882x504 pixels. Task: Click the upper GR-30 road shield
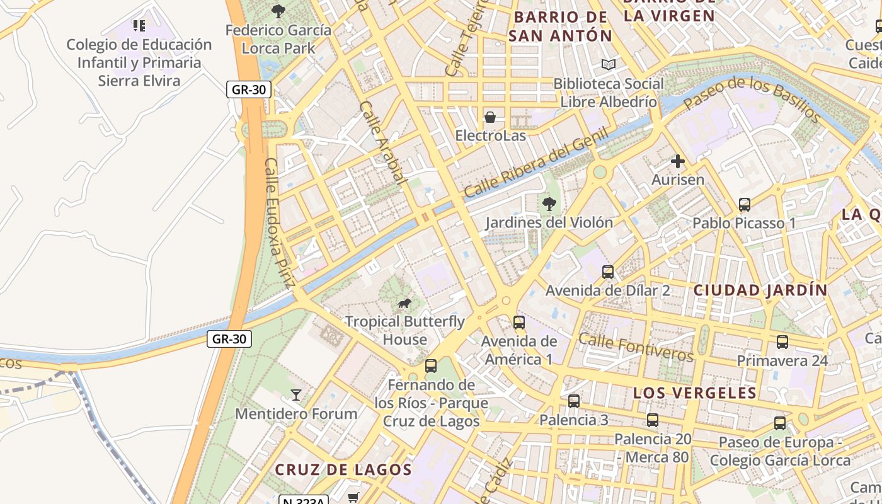tap(249, 89)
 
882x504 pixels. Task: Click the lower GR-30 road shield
tap(229, 339)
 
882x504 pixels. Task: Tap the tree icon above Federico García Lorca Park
tap(278, 11)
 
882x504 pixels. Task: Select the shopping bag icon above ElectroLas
tap(490, 117)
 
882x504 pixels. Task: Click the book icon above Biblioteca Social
tap(608, 65)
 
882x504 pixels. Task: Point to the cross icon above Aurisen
tap(677, 162)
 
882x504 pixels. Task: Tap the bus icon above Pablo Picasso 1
tap(744, 205)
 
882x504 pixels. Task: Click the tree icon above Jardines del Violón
tap(549, 203)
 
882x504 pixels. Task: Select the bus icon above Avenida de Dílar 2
tap(607, 272)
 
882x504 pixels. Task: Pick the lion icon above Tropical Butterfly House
tap(404, 304)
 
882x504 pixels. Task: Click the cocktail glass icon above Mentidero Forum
tap(295, 395)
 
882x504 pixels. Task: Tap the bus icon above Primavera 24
tap(782, 342)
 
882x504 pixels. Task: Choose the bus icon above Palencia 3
tap(573, 401)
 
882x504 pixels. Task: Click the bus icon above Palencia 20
tap(652, 420)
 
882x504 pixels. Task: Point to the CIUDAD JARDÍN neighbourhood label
tap(760, 290)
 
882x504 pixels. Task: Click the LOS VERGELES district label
tap(694, 393)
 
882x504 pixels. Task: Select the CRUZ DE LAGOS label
tap(343, 469)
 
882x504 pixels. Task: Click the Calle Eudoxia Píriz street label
tap(280, 222)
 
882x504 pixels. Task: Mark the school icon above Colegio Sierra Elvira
tap(139, 26)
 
